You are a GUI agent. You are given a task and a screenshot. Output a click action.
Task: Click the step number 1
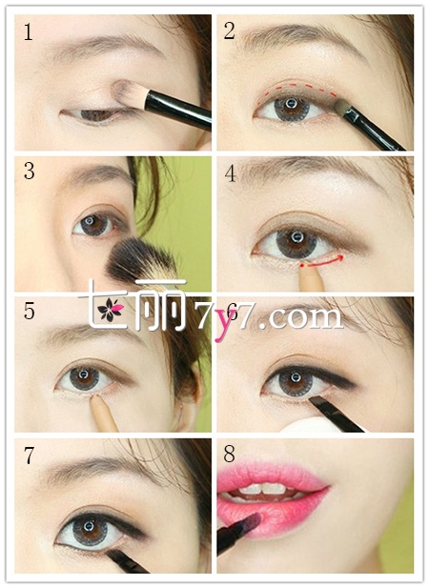tap(29, 31)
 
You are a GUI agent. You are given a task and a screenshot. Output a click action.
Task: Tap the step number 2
tap(230, 30)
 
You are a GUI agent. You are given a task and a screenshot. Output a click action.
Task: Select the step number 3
tap(30, 171)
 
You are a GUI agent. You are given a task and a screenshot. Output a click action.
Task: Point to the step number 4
tap(231, 173)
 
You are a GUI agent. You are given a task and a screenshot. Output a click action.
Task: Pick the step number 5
tap(30, 311)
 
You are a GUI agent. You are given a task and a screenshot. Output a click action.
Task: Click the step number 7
tap(30, 456)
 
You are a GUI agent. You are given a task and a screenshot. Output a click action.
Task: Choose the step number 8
tap(230, 454)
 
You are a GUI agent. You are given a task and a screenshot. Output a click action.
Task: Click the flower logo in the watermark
tap(110, 310)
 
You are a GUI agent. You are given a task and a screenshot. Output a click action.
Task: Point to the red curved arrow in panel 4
tap(321, 262)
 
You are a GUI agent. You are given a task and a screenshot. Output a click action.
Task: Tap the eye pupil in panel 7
tap(89, 526)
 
